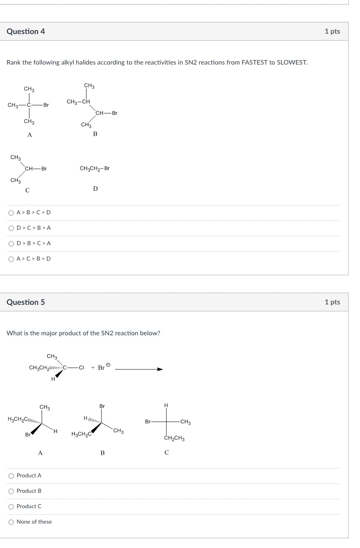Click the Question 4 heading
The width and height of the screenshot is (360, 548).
click(x=26, y=32)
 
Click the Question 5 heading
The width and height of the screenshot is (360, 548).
click(x=26, y=302)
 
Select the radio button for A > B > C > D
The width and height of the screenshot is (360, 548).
click(x=11, y=213)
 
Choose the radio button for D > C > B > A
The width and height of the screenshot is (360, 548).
click(x=11, y=228)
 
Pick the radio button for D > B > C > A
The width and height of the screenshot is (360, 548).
click(x=11, y=244)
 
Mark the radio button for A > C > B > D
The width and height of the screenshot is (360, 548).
click(x=11, y=259)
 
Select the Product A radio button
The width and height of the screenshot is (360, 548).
click(x=11, y=476)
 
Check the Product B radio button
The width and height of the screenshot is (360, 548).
click(x=11, y=491)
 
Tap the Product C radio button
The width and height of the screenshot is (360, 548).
click(x=11, y=507)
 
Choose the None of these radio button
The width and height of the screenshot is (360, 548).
click(x=11, y=522)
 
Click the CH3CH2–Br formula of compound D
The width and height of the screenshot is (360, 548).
click(x=95, y=168)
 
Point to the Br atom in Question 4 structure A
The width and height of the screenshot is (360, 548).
click(x=46, y=105)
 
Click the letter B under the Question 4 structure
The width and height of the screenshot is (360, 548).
click(x=95, y=134)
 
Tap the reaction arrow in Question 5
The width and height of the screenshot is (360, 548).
click(x=139, y=369)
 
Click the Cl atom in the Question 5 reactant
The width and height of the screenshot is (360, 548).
click(x=81, y=368)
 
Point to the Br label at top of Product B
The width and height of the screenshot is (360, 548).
click(x=102, y=406)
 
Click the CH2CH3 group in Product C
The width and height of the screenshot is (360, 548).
click(x=174, y=439)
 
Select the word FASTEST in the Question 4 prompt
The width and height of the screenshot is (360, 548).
click(x=254, y=63)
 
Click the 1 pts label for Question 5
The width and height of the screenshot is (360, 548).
click(x=332, y=302)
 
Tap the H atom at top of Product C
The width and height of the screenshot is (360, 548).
click(x=166, y=406)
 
